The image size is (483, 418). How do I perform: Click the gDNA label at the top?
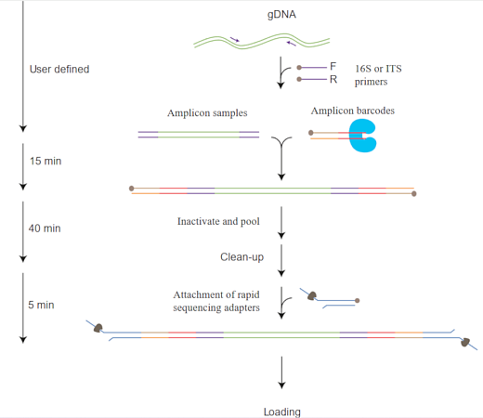(x=281, y=15)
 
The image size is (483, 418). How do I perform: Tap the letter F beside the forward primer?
(x=333, y=66)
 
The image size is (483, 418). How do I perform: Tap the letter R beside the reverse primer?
(x=333, y=80)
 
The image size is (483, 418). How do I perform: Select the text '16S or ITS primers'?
(x=378, y=75)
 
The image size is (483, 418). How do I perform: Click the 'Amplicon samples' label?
(x=207, y=113)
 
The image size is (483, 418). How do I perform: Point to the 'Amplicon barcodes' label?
(x=353, y=111)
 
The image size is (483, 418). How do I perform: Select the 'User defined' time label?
(x=59, y=69)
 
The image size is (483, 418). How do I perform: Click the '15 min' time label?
(x=46, y=161)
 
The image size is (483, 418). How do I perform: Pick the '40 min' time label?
(x=45, y=229)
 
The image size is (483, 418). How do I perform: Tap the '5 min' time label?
(x=41, y=305)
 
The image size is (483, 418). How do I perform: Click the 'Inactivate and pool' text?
(x=218, y=221)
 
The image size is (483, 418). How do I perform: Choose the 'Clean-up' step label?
(x=241, y=257)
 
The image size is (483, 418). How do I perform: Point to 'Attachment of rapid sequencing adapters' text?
(x=216, y=301)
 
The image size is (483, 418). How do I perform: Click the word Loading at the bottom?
(x=282, y=411)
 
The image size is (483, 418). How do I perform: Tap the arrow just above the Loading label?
(x=281, y=372)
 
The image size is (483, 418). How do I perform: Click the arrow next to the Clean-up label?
(x=281, y=260)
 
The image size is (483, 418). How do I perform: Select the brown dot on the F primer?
(x=299, y=68)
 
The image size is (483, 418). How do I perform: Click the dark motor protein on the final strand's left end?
(x=98, y=328)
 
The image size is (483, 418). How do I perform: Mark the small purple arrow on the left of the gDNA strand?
(x=235, y=39)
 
